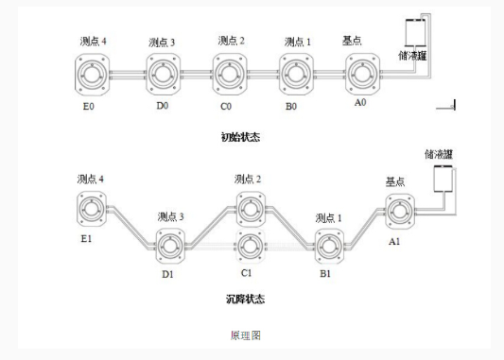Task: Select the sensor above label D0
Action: [x=163, y=75]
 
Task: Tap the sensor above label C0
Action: [x=230, y=74]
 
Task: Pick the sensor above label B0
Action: [x=297, y=74]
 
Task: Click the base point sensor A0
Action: [x=362, y=73]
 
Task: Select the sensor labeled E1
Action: [x=92, y=206]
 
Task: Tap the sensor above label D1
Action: [x=170, y=245]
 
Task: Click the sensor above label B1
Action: [x=328, y=245]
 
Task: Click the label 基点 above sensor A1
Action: [x=394, y=180]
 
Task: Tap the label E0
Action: [x=90, y=107]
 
